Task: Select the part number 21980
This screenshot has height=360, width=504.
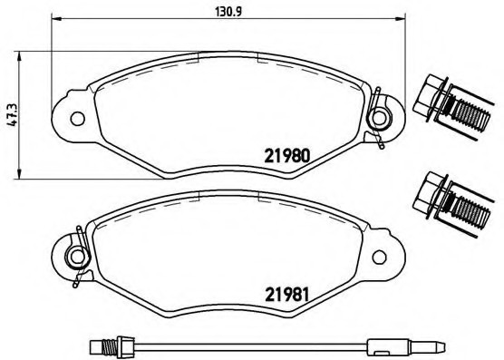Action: [289, 155]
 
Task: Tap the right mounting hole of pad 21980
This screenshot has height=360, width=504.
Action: [381, 116]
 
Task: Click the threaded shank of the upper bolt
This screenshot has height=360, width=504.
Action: [468, 114]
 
